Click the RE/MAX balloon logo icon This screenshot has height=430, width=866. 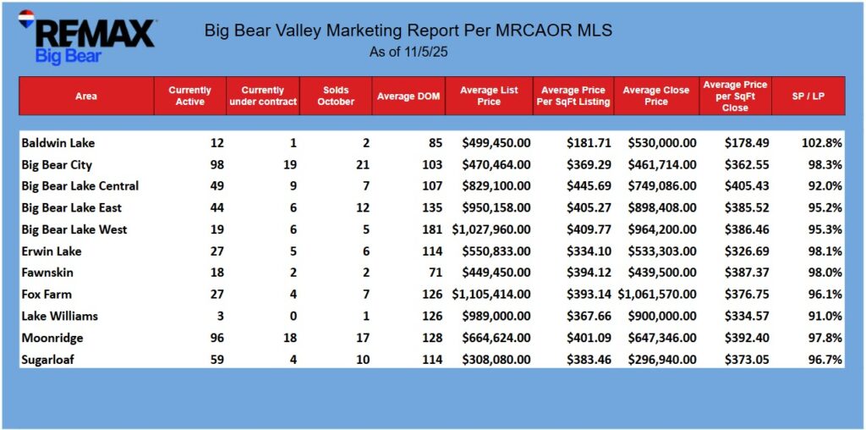pyautogui.click(x=25, y=19)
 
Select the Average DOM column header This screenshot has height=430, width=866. pyautogui.click(x=408, y=96)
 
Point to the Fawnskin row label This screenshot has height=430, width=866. pyautogui.click(x=47, y=273)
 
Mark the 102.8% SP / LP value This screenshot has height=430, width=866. pyautogui.click(x=824, y=143)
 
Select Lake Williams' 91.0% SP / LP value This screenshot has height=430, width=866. pyautogui.click(x=826, y=316)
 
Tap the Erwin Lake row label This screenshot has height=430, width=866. pyautogui.click(x=51, y=251)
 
